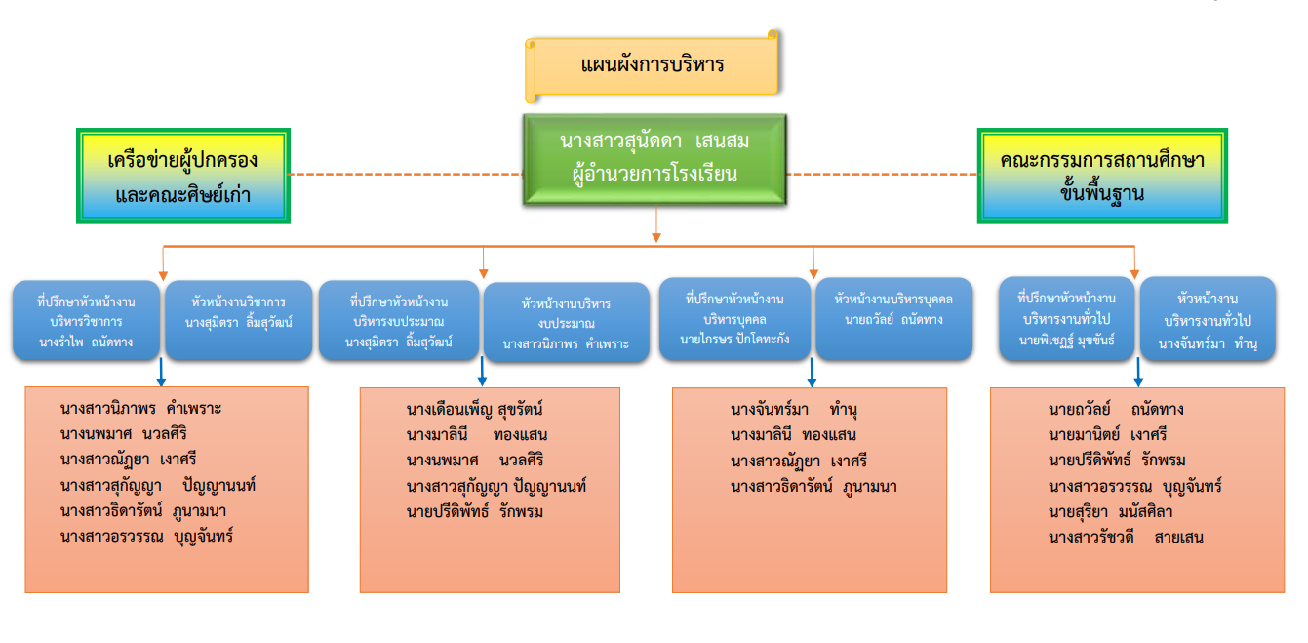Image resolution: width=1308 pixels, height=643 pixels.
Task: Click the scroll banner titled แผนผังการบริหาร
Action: pos(652,66)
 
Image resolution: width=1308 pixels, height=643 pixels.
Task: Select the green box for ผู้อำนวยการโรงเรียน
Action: pos(654,159)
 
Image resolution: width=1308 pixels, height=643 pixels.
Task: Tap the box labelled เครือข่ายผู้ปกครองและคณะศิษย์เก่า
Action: pos(182,177)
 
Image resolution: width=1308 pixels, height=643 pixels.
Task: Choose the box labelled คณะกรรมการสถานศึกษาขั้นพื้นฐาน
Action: pos(1102,177)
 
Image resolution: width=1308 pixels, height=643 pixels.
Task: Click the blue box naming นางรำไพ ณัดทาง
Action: pos(87,321)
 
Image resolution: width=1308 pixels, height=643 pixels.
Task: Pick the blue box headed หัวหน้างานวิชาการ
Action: pos(239,321)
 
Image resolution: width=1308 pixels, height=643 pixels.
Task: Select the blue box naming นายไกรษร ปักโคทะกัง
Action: pos(734,319)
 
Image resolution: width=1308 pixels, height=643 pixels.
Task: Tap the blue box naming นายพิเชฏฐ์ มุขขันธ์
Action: pos(1066,319)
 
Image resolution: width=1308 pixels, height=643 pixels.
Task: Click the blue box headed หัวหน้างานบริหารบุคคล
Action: pos(893,319)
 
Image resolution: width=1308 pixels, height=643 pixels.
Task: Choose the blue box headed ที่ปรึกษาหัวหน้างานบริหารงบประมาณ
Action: pos(399,321)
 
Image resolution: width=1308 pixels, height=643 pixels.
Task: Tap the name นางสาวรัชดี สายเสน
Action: pos(1126,537)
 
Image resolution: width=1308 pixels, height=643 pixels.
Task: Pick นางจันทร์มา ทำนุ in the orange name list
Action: pos(793,409)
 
